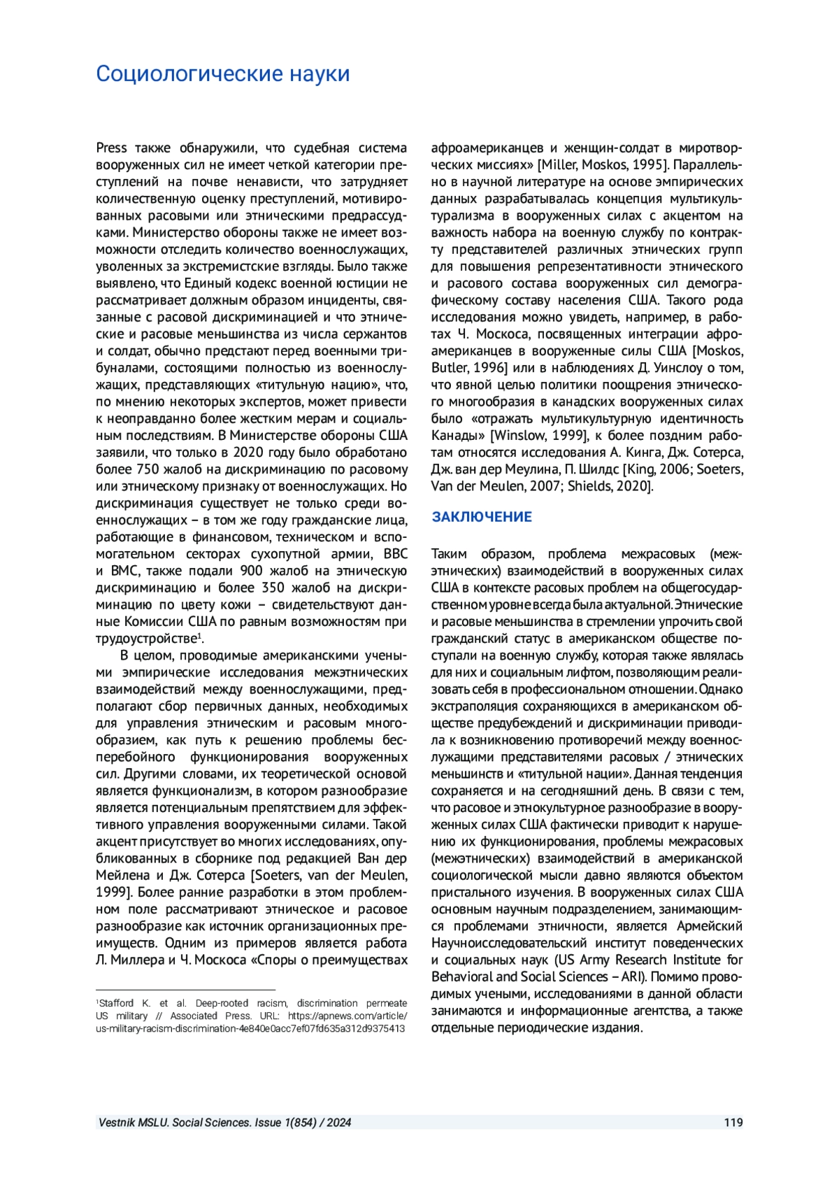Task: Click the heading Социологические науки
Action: [222, 73]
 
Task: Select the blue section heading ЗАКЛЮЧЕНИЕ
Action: [482, 517]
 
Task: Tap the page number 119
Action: [733, 1123]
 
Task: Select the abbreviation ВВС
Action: [395, 554]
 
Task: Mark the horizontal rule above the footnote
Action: [185, 990]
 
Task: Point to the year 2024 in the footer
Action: [338, 1123]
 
